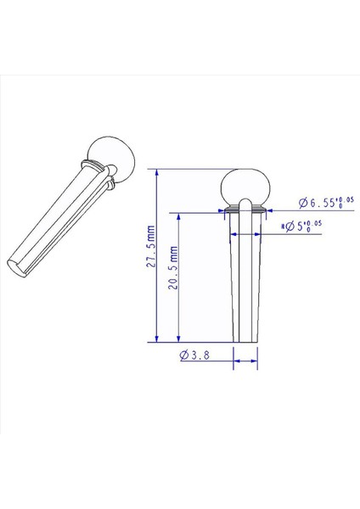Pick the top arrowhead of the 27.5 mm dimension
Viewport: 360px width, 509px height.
157,171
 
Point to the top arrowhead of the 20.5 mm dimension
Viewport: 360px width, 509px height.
177,215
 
